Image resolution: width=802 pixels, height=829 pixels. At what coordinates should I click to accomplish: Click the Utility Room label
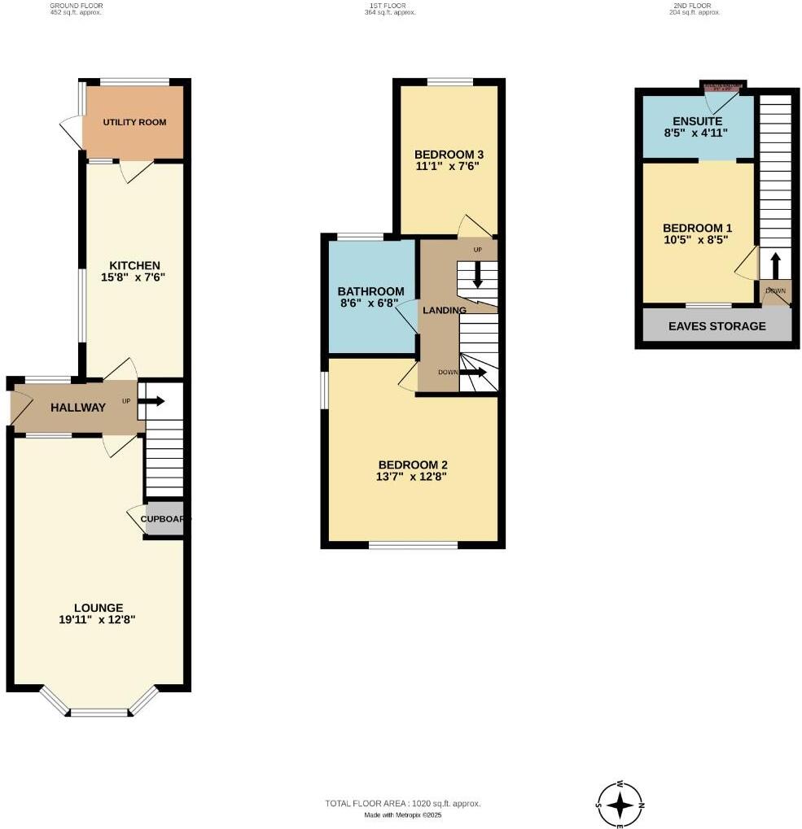coord(134,122)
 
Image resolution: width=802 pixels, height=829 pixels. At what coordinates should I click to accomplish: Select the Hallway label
coord(78,408)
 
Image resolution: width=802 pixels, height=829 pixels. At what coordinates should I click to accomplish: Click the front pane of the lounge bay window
coord(99,713)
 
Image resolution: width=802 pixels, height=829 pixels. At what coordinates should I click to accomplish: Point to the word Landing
coord(444,310)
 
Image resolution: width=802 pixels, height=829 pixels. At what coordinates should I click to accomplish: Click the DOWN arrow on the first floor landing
coord(475,373)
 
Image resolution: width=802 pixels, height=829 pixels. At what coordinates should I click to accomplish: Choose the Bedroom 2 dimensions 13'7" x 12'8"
coord(412,478)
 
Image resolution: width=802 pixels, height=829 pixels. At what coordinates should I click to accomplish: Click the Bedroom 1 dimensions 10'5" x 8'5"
coord(695,240)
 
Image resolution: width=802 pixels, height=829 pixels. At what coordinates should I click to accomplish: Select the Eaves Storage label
coord(717,326)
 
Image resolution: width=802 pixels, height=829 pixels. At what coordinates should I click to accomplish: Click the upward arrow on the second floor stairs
coord(774,265)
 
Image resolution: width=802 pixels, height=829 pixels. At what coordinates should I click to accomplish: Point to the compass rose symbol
coord(620,805)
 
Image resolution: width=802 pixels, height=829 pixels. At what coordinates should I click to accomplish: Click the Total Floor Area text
coord(403,804)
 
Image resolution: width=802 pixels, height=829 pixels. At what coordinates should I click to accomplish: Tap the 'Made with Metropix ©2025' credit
coord(403,815)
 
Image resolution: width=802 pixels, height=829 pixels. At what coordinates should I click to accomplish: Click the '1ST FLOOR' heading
coord(386,6)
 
